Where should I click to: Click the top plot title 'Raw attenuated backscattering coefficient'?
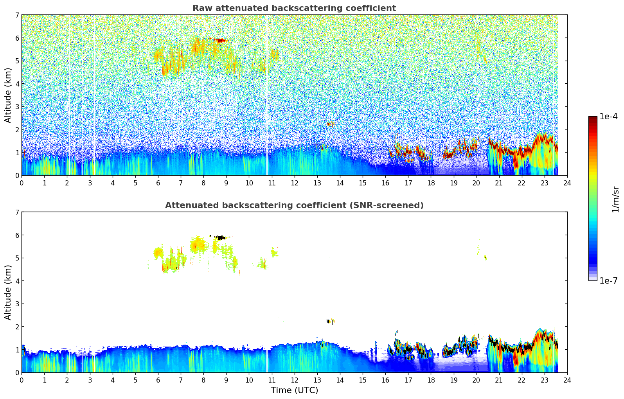click(x=294, y=8)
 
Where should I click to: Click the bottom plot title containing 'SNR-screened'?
click(x=294, y=205)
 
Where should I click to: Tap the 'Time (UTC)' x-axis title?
click(x=294, y=390)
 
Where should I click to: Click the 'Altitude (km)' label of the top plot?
click(x=8, y=95)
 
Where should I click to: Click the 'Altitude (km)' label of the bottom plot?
click(x=8, y=292)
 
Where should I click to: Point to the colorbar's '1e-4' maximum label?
click(x=608, y=117)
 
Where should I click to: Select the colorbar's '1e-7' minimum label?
click(x=608, y=280)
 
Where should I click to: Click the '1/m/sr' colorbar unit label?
click(x=615, y=199)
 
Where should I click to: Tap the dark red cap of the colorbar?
click(x=593, y=119)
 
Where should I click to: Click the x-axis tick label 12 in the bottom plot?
click(x=294, y=380)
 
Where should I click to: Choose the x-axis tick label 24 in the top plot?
click(x=567, y=183)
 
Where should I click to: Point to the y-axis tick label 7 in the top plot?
click(x=17, y=15)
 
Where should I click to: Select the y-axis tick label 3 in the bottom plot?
click(x=17, y=304)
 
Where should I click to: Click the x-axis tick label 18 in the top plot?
click(x=431, y=183)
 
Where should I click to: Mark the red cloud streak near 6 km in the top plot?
click(x=221, y=40)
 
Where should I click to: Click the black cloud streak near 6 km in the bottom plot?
click(x=221, y=237)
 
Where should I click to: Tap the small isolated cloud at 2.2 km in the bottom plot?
click(x=331, y=321)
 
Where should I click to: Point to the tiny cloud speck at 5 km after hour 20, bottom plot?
click(x=486, y=257)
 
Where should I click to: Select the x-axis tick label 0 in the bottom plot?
click(x=22, y=380)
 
